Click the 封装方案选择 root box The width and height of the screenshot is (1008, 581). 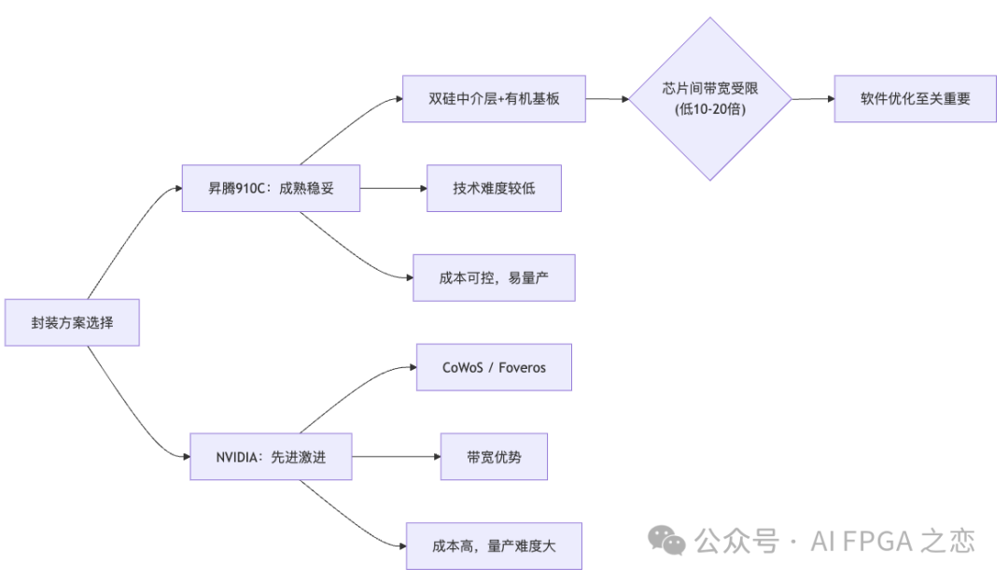tap(72, 322)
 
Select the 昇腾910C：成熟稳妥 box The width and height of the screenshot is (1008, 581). tap(271, 188)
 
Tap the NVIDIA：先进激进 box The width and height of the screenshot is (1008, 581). tap(271, 457)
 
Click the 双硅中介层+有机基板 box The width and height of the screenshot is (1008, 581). tap(494, 98)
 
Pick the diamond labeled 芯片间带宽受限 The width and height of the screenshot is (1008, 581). tap(709, 98)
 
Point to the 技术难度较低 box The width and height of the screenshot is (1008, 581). tap(494, 188)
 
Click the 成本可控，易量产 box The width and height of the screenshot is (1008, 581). tap(494, 277)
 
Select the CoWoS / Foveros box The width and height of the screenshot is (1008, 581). tap(494, 367)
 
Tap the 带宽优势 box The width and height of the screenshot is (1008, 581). tap(494, 457)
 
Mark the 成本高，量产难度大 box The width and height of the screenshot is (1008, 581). tap(494, 546)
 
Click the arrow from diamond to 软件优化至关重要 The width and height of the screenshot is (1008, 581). tap(812, 98)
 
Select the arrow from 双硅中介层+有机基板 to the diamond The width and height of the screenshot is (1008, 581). tap(607, 98)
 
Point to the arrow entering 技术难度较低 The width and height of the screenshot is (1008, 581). tap(393, 188)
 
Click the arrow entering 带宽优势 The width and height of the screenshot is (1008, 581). tap(396, 457)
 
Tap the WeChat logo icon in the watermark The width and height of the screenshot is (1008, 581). tap(667, 539)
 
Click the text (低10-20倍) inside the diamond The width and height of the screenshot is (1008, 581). tap(709, 109)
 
